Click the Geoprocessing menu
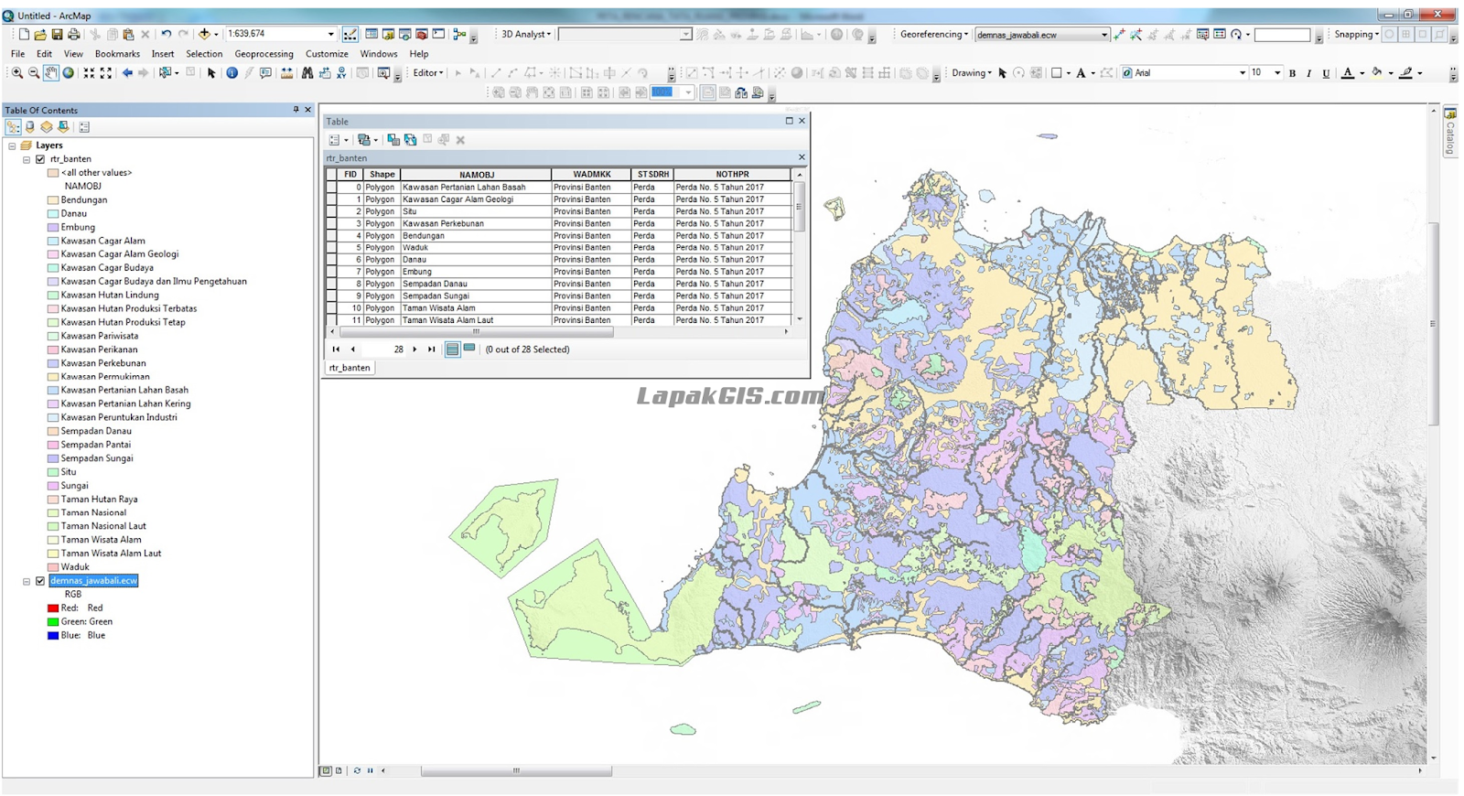(x=264, y=54)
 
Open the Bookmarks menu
(x=117, y=54)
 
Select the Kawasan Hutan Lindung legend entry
(x=110, y=295)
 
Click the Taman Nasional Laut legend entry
(x=103, y=526)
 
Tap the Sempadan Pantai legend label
(x=96, y=445)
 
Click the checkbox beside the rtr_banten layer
(x=40, y=159)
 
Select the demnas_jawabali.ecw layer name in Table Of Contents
(x=93, y=581)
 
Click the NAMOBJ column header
(x=476, y=174)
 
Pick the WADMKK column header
(x=591, y=174)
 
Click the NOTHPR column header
(x=732, y=174)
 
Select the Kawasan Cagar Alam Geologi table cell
(x=457, y=199)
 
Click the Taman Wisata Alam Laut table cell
(x=447, y=320)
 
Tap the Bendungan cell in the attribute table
(x=424, y=235)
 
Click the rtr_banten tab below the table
(x=350, y=368)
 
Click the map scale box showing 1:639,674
(x=275, y=34)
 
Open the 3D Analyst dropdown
(x=526, y=34)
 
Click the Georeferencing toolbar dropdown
(x=933, y=34)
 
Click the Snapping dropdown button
(x=1356, y=34)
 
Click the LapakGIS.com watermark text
(x=729, y=396)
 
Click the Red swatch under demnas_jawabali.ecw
(x=53, y=608)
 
